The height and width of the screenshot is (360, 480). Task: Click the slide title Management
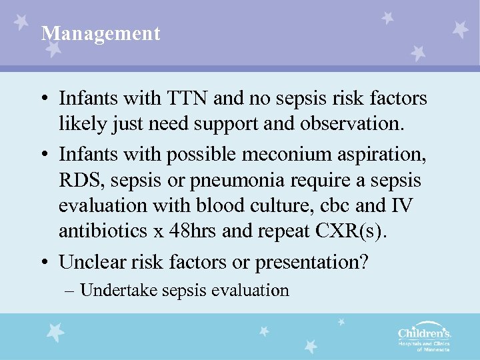[x=101, y=33]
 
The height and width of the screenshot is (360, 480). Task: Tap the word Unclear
[x=89, y=262]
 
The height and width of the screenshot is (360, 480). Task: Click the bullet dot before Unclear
[x=43, y=263]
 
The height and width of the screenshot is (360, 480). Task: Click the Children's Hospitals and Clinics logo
[x=424, y=337]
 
